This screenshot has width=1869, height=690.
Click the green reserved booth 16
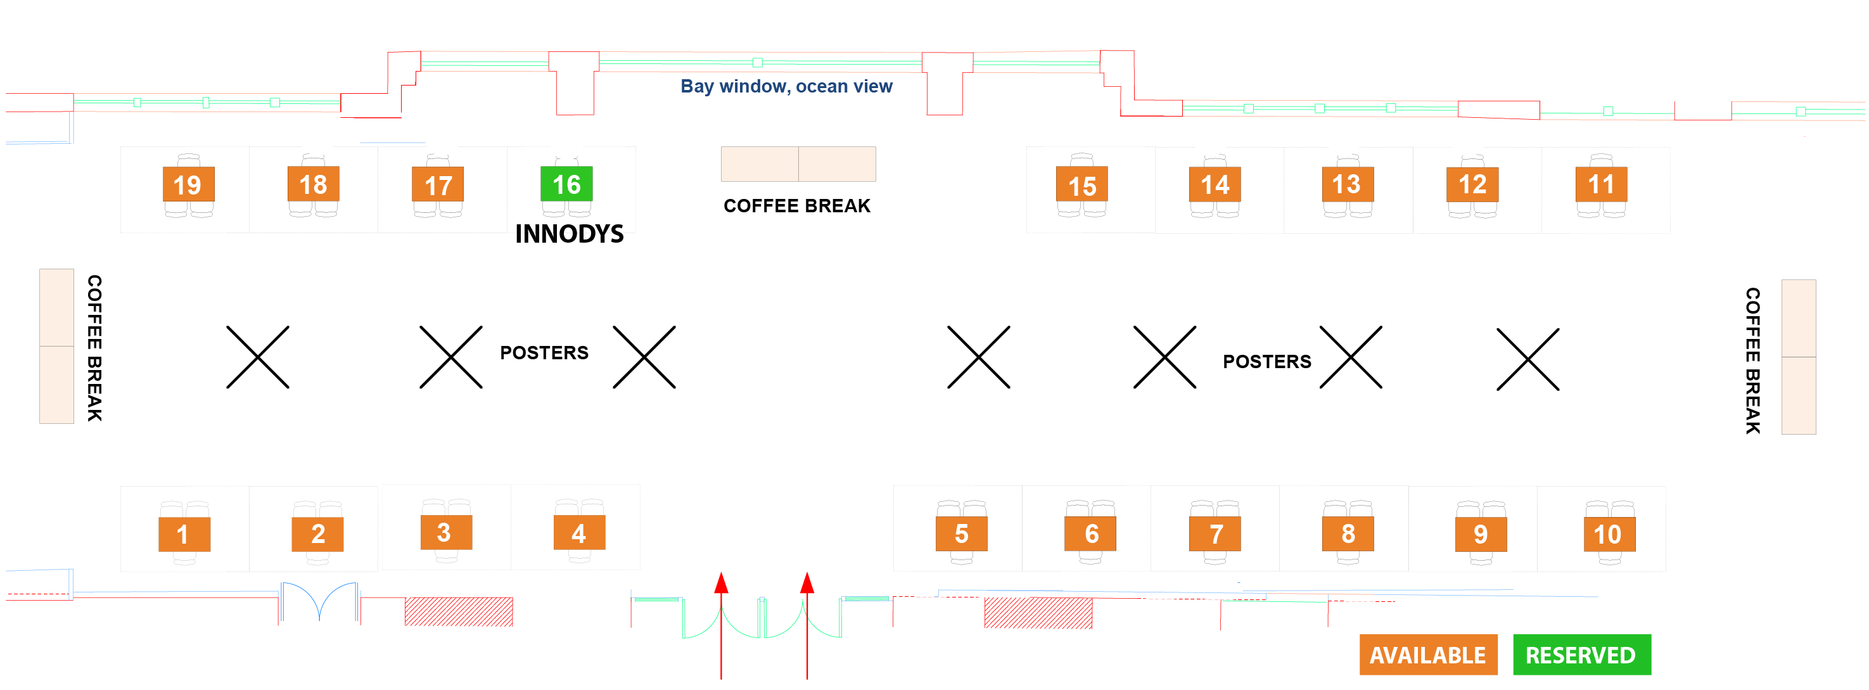point(566,184)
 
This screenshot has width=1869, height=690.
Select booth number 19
point(188,185)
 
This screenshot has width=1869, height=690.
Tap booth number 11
point(1600,184)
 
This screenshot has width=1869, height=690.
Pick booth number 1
point(184,535)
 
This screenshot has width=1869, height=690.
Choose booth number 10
point(1609,535)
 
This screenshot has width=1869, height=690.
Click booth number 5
point(960,534)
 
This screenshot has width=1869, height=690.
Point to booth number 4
point(578,534)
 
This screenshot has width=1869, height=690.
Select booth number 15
point(1081,186)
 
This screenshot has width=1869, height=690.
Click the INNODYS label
point(569,234)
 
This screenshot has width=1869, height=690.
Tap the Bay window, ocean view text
point(786,86)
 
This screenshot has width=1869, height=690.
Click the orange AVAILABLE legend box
point(1427,655)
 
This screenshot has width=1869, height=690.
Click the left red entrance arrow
point(720,624)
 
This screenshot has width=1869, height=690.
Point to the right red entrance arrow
point(807,624)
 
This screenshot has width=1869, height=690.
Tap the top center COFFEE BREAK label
point(796,206)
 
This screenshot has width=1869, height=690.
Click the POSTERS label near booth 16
point(544,354)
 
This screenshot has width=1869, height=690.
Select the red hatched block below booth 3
point(459,611)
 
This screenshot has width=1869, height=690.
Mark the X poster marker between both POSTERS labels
point(978,357)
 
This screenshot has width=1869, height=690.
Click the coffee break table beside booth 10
point(1798,357)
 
